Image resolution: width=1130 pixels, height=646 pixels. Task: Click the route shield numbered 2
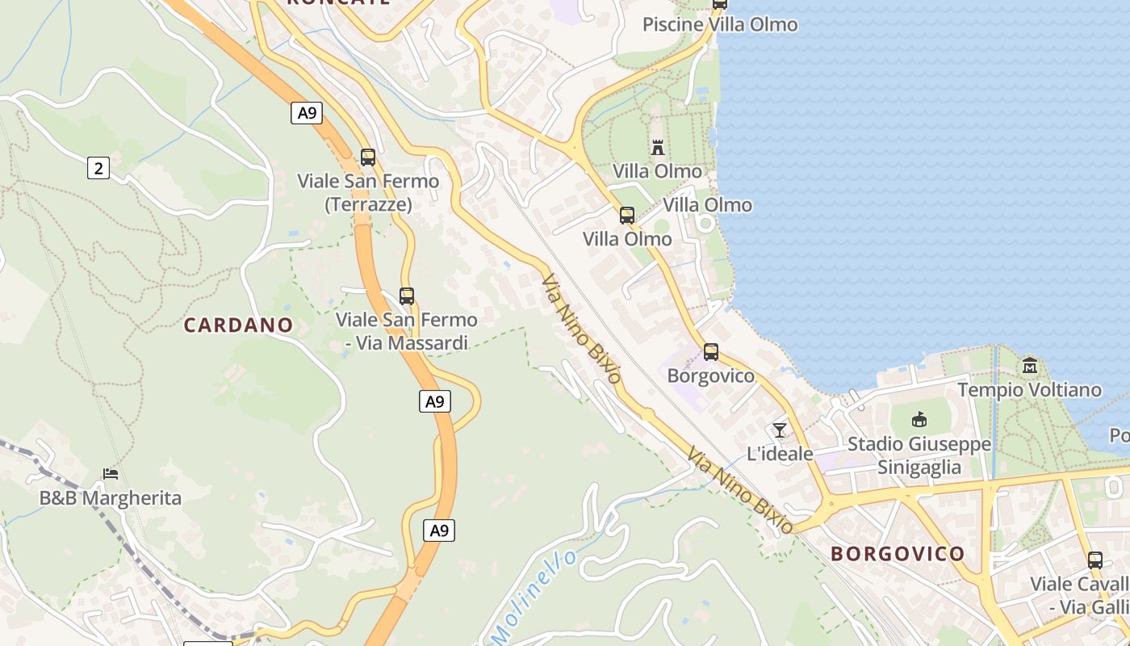(98, 168)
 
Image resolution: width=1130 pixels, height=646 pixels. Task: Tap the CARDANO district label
(238, 325)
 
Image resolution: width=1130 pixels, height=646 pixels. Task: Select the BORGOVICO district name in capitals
(898, 553)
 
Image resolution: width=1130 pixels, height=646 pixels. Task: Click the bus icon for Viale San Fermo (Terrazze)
(368, 157)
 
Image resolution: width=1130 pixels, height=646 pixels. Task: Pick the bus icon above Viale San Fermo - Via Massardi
(407, 296)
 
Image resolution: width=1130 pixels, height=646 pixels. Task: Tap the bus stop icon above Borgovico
(710, 352)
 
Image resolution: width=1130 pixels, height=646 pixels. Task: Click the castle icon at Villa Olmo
(658, 147)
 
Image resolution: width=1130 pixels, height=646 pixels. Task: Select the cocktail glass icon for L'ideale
(779, 430)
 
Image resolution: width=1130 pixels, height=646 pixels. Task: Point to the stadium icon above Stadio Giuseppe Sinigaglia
(919, 420)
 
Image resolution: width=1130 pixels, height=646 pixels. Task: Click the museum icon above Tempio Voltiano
(1029, 366)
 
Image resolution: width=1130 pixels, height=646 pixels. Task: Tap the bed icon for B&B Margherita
(111, 474)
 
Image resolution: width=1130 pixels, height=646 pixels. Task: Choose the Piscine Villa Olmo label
(720, 24)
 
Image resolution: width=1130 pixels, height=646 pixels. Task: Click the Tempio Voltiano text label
(1029, 390)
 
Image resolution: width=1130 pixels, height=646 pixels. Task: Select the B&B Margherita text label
(111, 497)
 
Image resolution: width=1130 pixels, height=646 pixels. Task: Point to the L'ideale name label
(780, 454)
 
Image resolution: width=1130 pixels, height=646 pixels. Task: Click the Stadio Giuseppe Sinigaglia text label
(919, 455)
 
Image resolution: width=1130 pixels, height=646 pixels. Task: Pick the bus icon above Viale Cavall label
(1094, 560)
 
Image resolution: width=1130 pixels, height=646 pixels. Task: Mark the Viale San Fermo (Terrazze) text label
(368, 192)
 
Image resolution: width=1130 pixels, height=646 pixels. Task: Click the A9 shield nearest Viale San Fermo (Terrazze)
(307, 113)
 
